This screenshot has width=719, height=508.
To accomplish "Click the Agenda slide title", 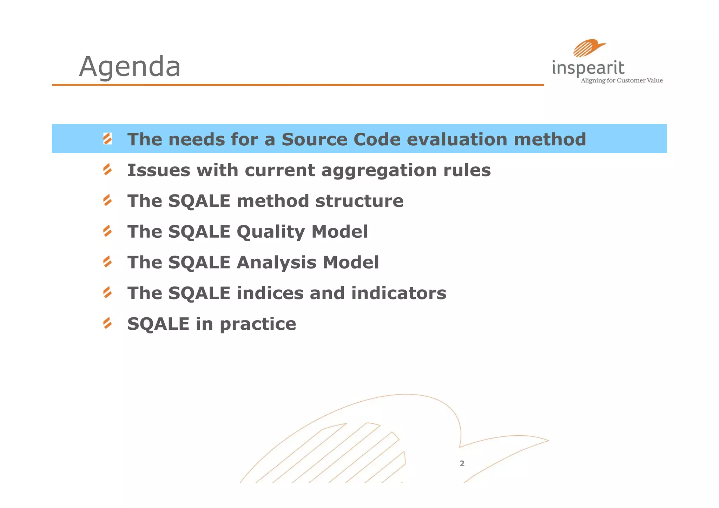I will (130, 66).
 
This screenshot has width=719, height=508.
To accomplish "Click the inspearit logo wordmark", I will (588, 68).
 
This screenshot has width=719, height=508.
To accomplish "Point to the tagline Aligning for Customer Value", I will (622, 81).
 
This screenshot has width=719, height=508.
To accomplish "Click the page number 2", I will (462, 463).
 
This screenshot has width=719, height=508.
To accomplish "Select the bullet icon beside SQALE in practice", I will (107, 323).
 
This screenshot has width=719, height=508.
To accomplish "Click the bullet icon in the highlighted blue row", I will (107, 139).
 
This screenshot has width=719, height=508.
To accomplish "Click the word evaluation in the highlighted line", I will (457, 139).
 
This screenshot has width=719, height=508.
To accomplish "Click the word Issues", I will (158, 170).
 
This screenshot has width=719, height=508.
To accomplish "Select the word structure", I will (359, 201).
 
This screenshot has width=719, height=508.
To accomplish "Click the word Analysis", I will (276, 263).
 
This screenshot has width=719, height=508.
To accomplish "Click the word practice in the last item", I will (258, 324).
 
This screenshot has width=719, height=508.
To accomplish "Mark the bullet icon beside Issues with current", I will (107, 170).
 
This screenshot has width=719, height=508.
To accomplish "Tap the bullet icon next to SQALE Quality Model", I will (107, 231).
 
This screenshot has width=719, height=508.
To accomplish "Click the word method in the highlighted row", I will (550, 139).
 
